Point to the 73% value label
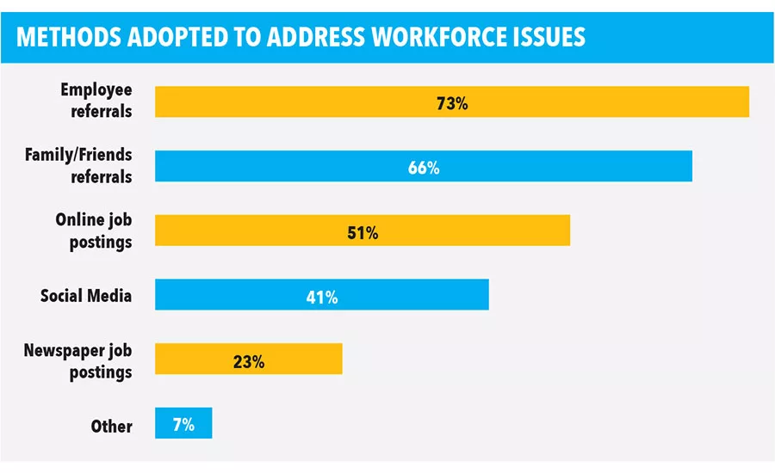coord(451,104)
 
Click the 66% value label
coord(424,169)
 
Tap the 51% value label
coord(362,233)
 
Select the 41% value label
coord(322,298)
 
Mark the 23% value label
coord(248,362)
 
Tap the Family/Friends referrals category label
coord(78,165)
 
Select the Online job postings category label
coord(94,230)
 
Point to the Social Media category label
coord(86,296)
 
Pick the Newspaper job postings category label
coord(78,361)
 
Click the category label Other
coord(112,427)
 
